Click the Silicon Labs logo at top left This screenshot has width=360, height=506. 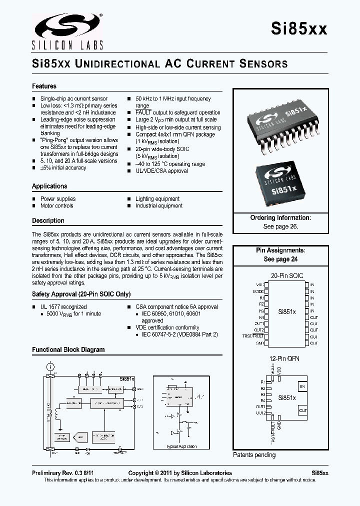(x=67, y=31)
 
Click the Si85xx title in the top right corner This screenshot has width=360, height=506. (x=299, y=29)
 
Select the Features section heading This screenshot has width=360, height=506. (x=44, y=86)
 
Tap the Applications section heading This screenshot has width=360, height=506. (x=49, y=186)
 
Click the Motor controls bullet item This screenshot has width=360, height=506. (x=56, y=205)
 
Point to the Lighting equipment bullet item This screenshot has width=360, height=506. (x=157, y=198)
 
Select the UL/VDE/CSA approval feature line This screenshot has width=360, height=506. (x=161, y=171)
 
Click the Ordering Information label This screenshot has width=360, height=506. (x=280, y=218)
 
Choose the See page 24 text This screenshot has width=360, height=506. (x=280, y=259)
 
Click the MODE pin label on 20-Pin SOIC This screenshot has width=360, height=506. (x=258, y=291)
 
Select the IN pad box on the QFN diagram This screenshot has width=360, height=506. (x=302, y=386)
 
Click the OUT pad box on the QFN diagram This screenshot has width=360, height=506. (x=302, y=410)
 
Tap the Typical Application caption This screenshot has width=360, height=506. (x=181, y=446)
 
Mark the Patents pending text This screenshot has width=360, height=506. (x=254, y=454)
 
